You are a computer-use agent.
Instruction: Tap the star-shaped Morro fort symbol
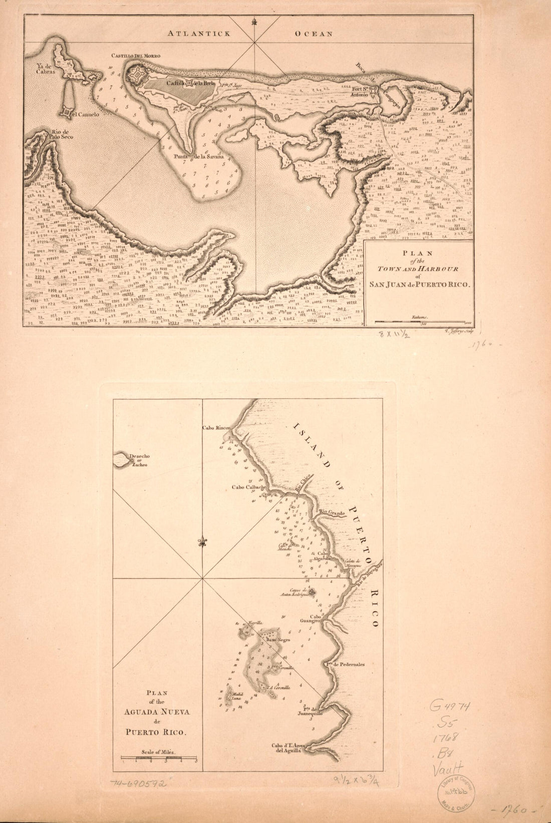(136, 77)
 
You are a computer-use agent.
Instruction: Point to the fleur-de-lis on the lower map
(202, 542)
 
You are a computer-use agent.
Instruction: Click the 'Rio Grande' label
(331, 513)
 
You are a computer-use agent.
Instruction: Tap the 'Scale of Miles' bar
(159, 759)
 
